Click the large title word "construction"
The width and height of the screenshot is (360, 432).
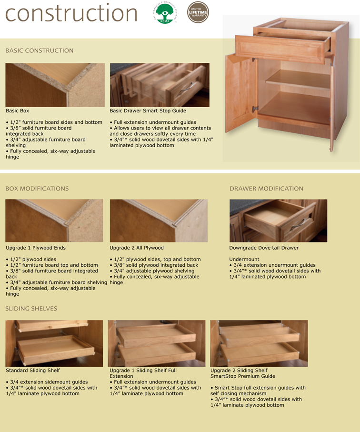click(x=71, y=13)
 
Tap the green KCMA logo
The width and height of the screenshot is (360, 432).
click(x=165, y=13)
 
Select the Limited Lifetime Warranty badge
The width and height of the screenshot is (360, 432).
click(x=198, y=12)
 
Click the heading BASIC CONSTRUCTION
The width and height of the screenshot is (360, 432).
click(x=40, y=50)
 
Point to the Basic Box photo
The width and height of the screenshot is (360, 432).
click(x=55, y=85)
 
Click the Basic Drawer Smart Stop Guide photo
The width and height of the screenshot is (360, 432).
click(x=160, y=85)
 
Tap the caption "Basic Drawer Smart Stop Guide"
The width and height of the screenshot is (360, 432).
click(x=148, y=111)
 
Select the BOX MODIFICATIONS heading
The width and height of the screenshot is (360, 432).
click(x=37, y=189)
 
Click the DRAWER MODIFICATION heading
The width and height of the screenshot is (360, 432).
click(x=266, y=189)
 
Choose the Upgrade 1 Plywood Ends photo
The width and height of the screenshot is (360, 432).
click(x=55, y=221)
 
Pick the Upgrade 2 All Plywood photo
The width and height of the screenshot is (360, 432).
click(x=159, y=221)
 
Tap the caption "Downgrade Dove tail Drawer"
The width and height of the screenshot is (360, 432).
click(x=264, y=248)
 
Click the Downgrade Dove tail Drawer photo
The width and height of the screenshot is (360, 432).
click(x=278, y=221)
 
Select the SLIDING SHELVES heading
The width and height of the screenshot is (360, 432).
click(x=31, y=309)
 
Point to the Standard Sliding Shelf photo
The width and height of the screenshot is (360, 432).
click(x=54, y=343)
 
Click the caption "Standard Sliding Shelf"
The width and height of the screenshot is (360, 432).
click(x=33, y=370)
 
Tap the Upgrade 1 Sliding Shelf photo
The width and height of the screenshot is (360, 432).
click(x=156, y=343)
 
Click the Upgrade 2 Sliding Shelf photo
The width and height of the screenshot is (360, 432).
click(x=259, y=343)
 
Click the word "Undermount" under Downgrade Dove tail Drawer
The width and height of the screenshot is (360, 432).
click(x=244, y=260)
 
